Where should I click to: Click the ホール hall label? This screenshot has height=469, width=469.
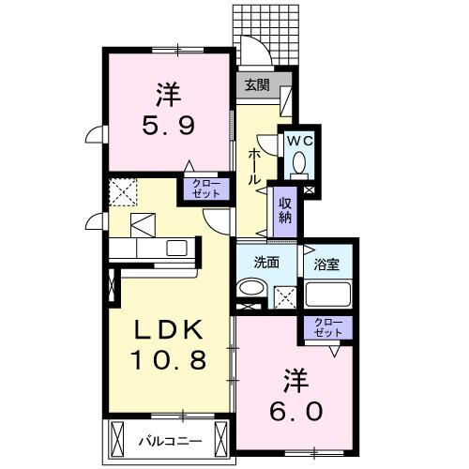click(253, 166)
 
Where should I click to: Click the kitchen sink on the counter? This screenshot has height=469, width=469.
click(175, 248)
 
